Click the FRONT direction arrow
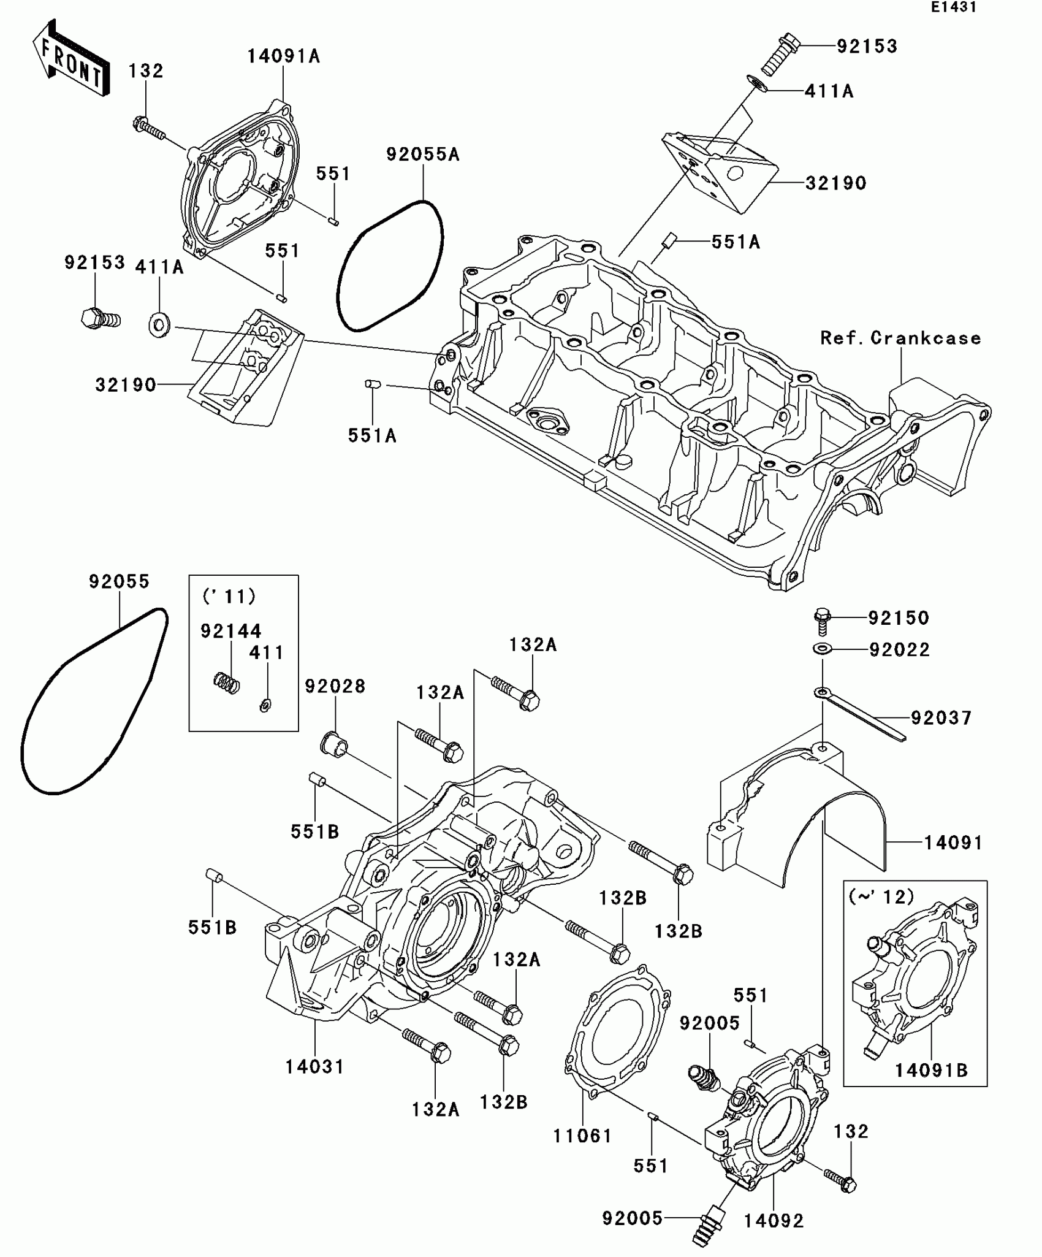[x=71, y=59]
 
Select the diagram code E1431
[x=953, y=7]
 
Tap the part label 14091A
[x=283, y=56]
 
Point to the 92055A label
[x=423, y=155]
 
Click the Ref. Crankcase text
[x=900, y=338]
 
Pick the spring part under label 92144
[x=227, y=682]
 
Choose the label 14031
[x=315, y=1067]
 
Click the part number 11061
[x=582, y=1136]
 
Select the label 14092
[x=774, y=1221]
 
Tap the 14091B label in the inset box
[x=931, y=1070]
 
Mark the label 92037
[x=941, y=718]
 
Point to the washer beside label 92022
[x=822, y=649]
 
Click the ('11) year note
[x=229, y=596]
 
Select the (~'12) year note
[x=881, y=896]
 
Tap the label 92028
[x=335, y=686]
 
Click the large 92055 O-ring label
[x=119, y=581]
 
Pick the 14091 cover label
[x=953, y=843]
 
